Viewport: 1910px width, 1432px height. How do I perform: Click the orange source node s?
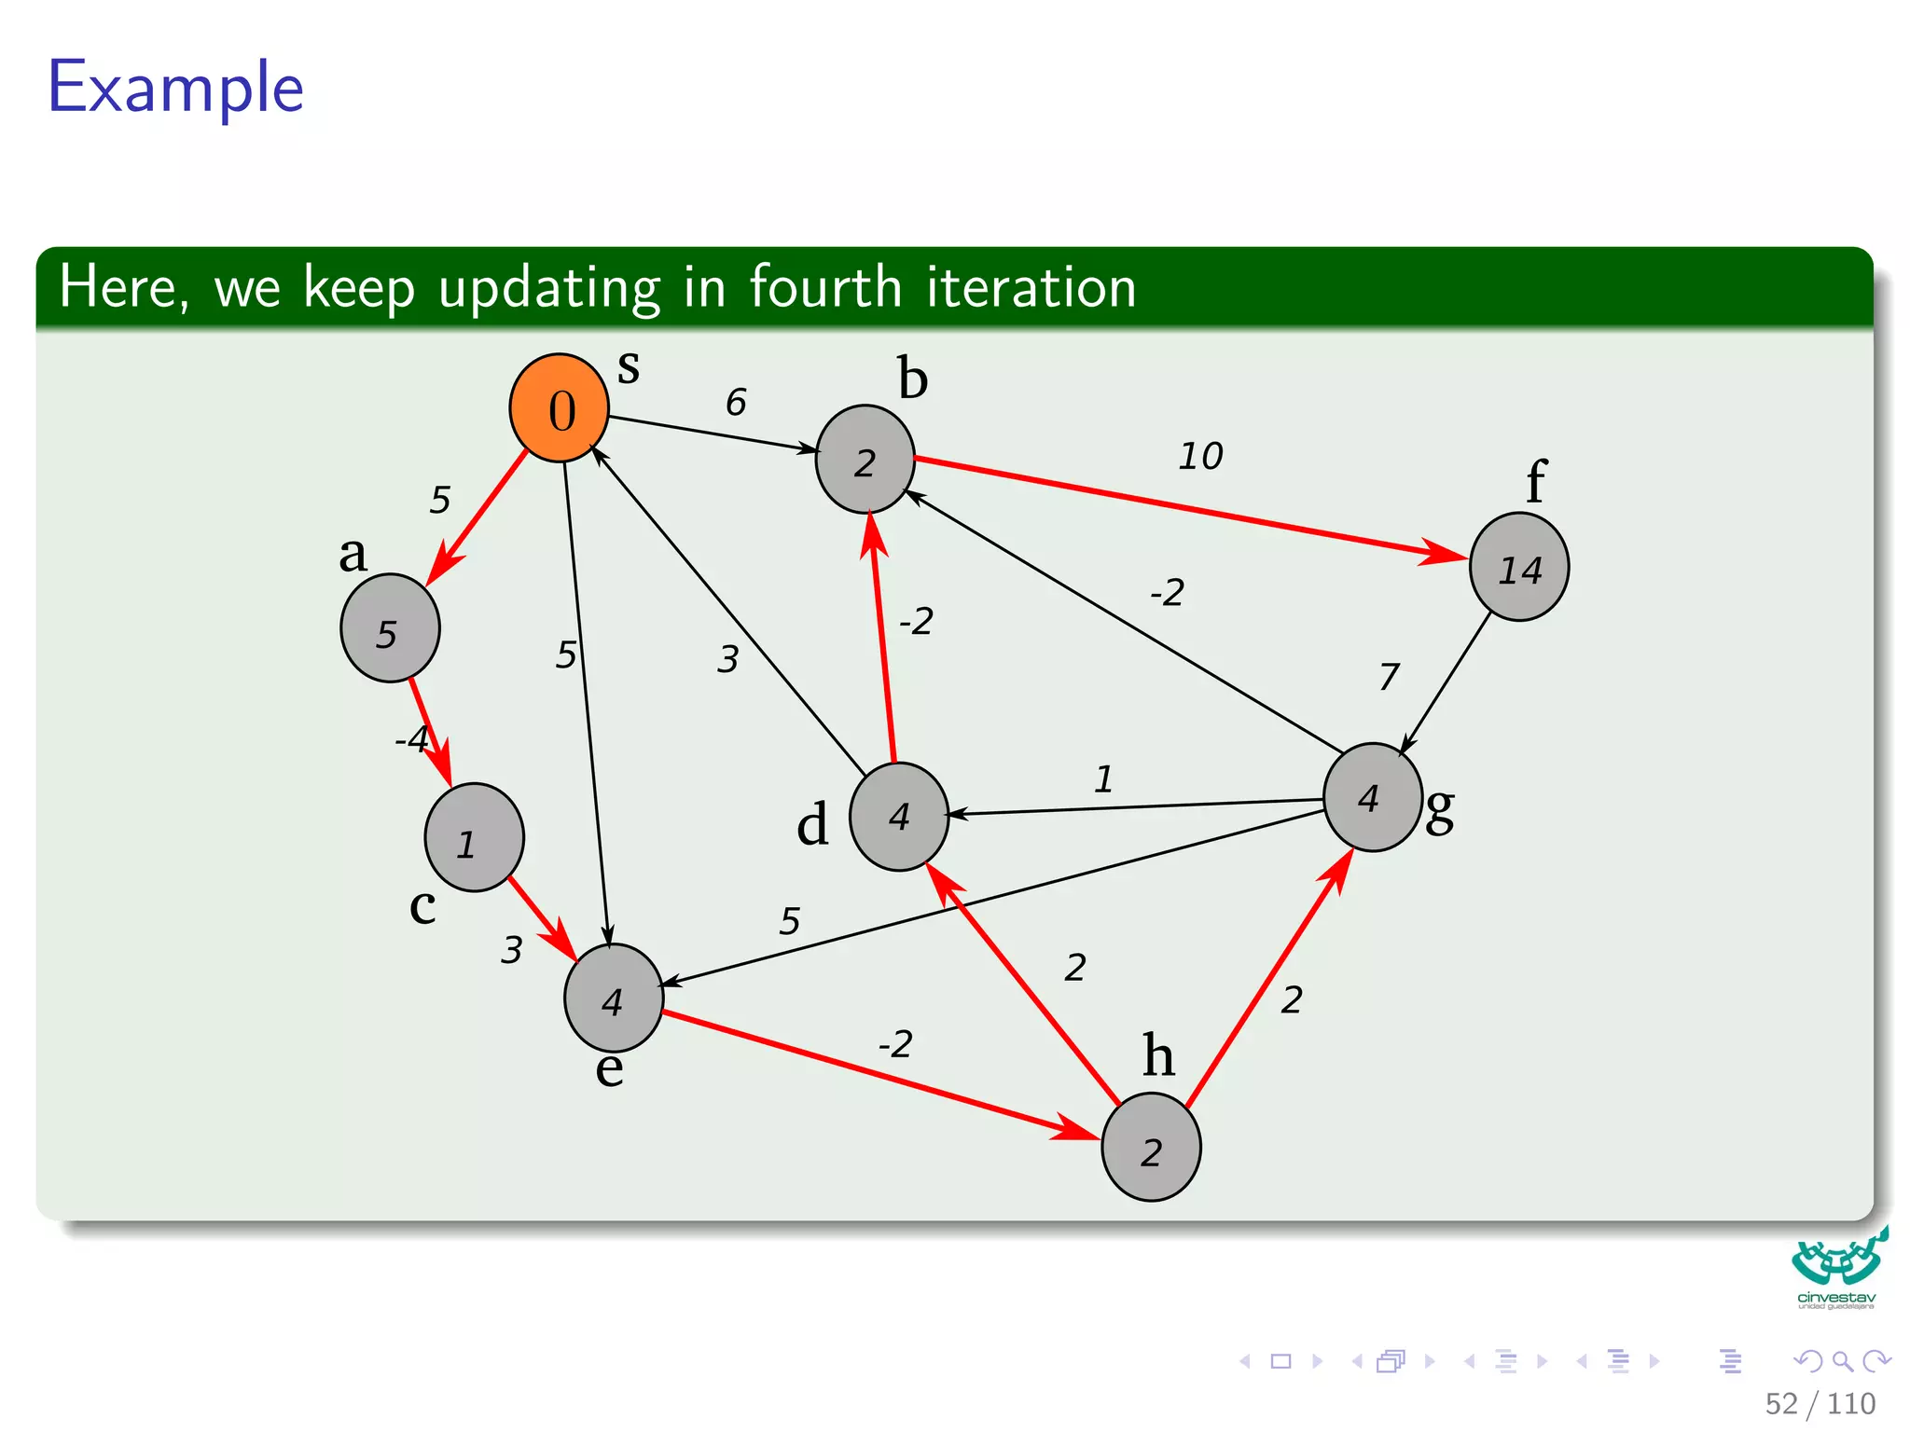click(559, 408)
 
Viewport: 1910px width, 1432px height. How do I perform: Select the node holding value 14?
click(1518, 567)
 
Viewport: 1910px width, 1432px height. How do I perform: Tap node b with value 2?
click(865, 460)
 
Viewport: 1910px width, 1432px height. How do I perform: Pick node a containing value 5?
click(390, 628)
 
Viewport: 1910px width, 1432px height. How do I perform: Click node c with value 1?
click(474, 837)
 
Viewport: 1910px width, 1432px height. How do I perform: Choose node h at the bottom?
click(1151, 1147)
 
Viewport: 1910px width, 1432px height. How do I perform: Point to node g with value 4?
click(1372, 797)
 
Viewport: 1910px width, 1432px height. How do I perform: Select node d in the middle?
click(898, 817)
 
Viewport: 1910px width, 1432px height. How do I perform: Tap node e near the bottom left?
click(613, 998)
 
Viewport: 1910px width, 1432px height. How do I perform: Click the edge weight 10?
click(1200, 456)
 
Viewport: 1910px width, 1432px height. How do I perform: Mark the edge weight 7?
click(1389, 676)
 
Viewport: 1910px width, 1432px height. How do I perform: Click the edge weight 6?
click(736, 402)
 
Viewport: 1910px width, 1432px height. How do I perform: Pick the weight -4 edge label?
click(411, 739)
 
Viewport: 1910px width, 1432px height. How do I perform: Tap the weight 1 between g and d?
click(1103, 778)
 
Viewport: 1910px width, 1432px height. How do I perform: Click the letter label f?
click(1535, 482)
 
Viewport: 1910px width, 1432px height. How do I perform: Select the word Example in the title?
click(175, 88)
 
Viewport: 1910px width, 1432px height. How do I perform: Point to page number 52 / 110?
click(1820, 1403)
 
